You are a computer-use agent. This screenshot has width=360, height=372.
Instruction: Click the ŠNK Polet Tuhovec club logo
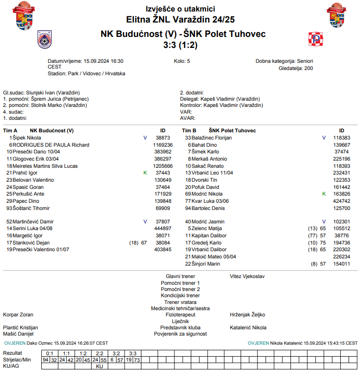(316, 39)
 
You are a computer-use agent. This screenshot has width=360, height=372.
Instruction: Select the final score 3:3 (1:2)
(180, 45)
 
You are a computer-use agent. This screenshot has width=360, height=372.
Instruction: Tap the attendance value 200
(308, 69)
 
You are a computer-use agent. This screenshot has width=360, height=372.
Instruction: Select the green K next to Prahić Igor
(145, 173)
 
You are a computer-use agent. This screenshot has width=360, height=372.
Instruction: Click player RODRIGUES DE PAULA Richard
(51, 145)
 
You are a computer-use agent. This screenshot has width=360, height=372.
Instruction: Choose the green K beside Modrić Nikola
(324, 194)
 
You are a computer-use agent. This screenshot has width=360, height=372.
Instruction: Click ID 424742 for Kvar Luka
(341, 201)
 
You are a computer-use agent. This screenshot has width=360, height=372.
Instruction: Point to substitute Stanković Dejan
(31, 243)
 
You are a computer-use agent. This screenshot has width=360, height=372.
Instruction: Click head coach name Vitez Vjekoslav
(247, 276)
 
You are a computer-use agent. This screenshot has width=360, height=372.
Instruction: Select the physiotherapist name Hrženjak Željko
(247, 315)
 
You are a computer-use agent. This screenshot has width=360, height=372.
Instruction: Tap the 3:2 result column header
(116, 353)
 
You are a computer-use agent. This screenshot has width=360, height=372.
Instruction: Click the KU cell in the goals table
(100, 366)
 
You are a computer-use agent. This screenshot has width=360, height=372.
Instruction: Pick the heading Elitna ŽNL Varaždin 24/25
(180, 20)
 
